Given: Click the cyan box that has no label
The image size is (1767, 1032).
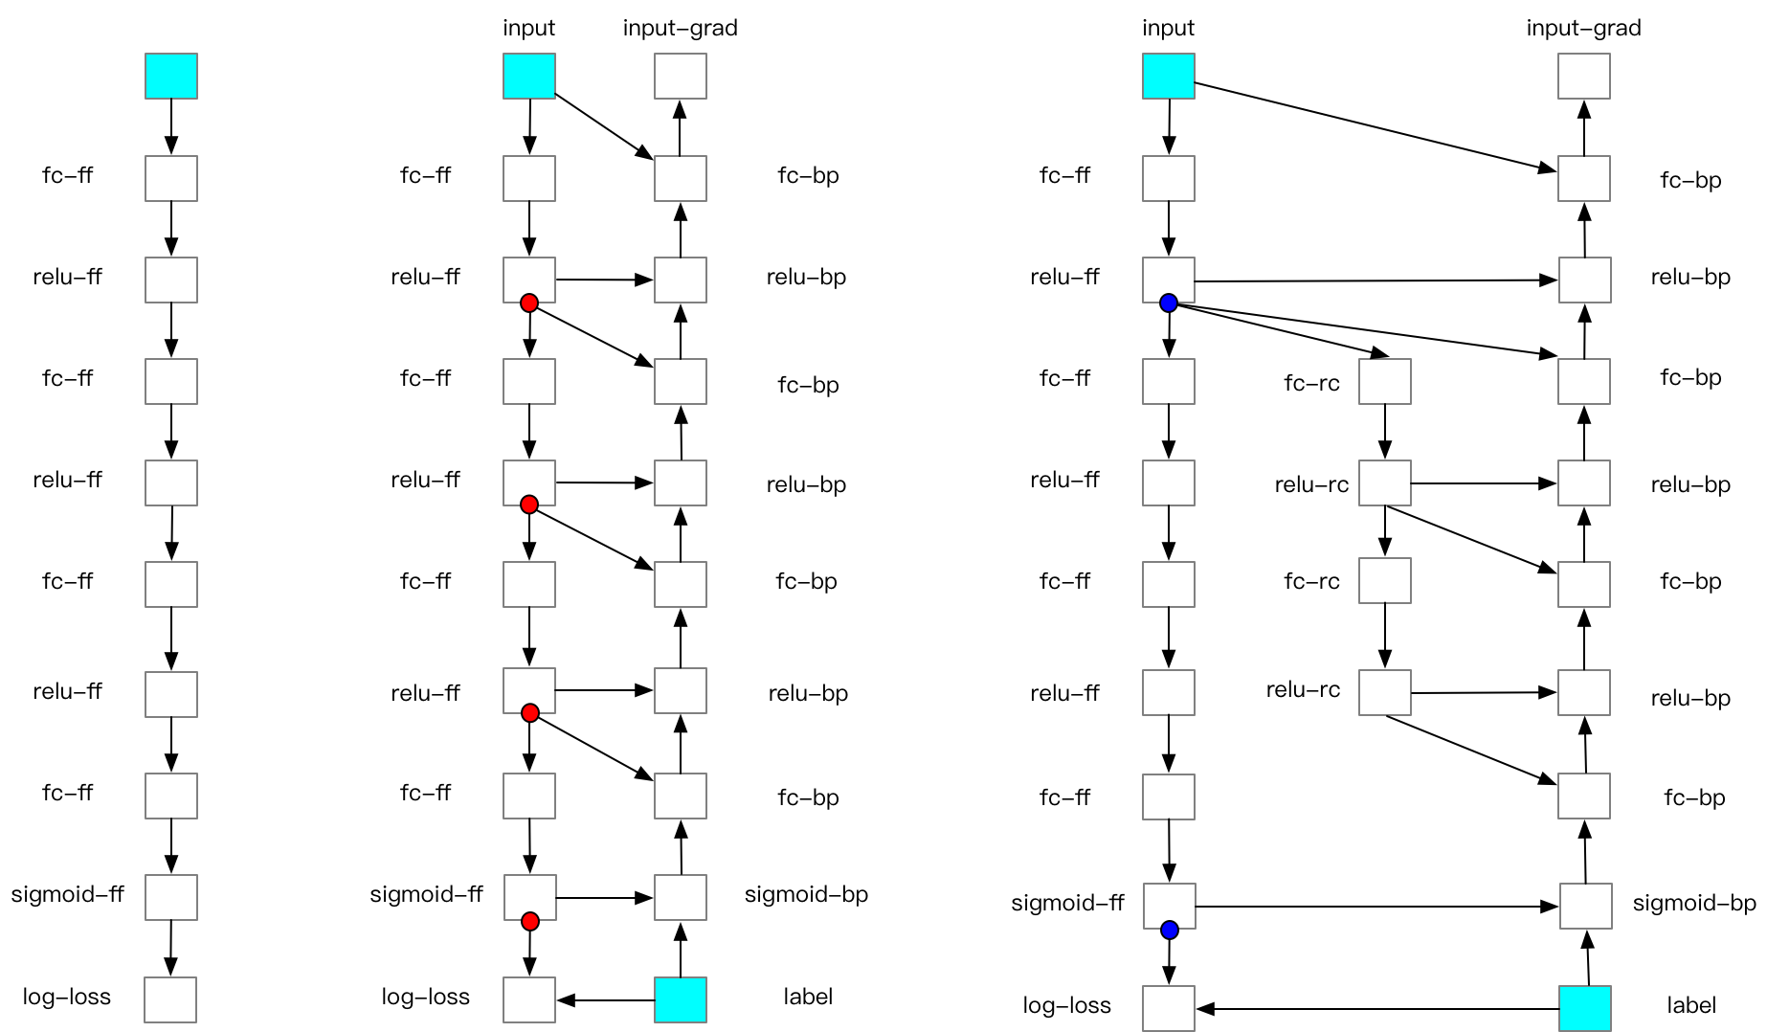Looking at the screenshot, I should coord(171,76).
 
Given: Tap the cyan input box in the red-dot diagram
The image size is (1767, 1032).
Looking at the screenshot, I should coord(529,76).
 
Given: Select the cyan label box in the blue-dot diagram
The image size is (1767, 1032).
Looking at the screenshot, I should coord(1585,1008).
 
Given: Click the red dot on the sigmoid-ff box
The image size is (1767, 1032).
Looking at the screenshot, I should coord(530,922).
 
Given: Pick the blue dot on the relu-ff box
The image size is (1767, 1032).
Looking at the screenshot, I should coord(1169,303).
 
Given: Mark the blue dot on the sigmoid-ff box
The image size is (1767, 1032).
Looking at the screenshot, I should coord(1170,930).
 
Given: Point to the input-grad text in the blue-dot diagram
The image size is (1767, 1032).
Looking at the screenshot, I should coord(1583,28).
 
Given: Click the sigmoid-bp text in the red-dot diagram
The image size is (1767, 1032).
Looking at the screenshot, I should coord(806,894).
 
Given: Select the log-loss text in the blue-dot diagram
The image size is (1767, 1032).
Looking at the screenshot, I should coord(1066,1005).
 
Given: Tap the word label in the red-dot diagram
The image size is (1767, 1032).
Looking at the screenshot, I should coord(808,997).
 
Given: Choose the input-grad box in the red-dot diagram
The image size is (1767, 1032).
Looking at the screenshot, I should coord(681,76).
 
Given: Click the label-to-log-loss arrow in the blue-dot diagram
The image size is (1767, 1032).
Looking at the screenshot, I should coord(1378,1009).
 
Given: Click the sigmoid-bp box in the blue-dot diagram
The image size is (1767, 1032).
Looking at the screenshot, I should coord(1586,906).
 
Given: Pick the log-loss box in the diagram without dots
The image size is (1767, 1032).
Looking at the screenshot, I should coord(170,999).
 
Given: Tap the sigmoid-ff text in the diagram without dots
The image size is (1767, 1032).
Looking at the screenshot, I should coord(67,894).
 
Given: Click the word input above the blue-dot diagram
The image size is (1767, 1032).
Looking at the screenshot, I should coord(1168,28).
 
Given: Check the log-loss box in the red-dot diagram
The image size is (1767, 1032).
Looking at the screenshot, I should coord(529,999).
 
